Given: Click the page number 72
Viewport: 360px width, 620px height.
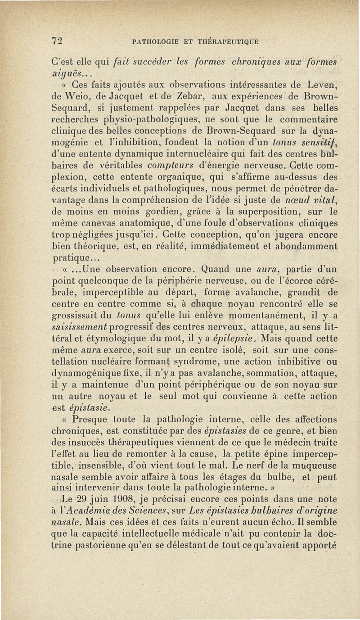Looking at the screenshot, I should coord(56,41).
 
